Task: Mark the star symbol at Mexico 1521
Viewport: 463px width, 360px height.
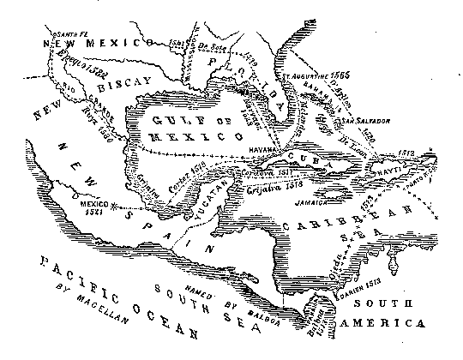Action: pyautogui.click(x=123, y=208)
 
